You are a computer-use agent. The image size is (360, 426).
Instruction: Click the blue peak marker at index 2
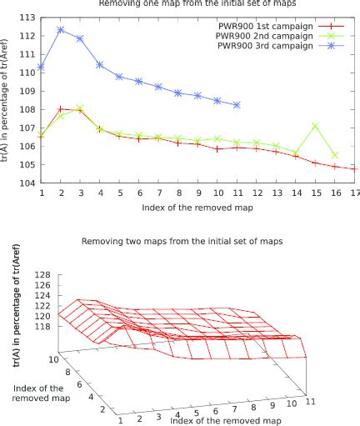pyautogui.click(x=61, y=29)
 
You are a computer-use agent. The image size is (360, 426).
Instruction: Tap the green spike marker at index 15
pyautogui.click(x=315, y=126)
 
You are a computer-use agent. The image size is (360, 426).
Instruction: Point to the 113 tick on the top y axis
pyautogui.click(x=29, y=17)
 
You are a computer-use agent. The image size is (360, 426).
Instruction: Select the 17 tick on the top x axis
pyautogui.click(x=354, y=193)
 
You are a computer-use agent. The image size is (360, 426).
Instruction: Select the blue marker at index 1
pyautogui.click(x=42, y=67)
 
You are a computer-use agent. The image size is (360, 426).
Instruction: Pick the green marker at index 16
pyautogui.click(x=335, y=155)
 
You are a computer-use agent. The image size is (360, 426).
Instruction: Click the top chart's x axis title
pyautogui.click(x=197, y=207)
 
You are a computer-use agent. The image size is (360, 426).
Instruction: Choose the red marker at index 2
pyautogui.click(x=61, y=108)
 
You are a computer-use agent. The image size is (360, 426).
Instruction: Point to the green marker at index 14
pyautogui.click(x=296, y=153)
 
